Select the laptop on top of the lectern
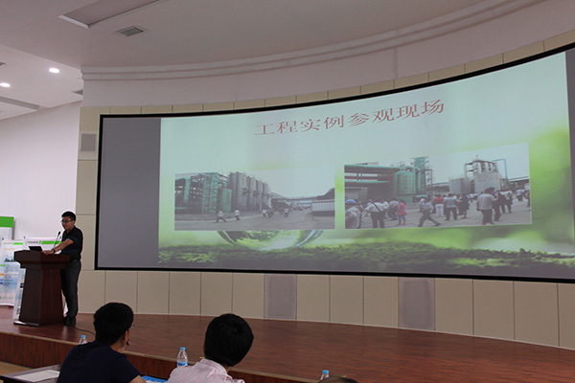coord(36,249)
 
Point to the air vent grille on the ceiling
coord(130,32)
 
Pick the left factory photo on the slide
coord(255,200)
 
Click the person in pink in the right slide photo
coord(402,213)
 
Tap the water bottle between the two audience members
coord(182,357)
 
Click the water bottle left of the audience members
coord(82,340)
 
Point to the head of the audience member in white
coord(228,339)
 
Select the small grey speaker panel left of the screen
coord(88,142)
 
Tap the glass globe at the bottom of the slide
coord(269,239)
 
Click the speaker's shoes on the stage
coord(69,321)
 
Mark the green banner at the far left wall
coord(7,228)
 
